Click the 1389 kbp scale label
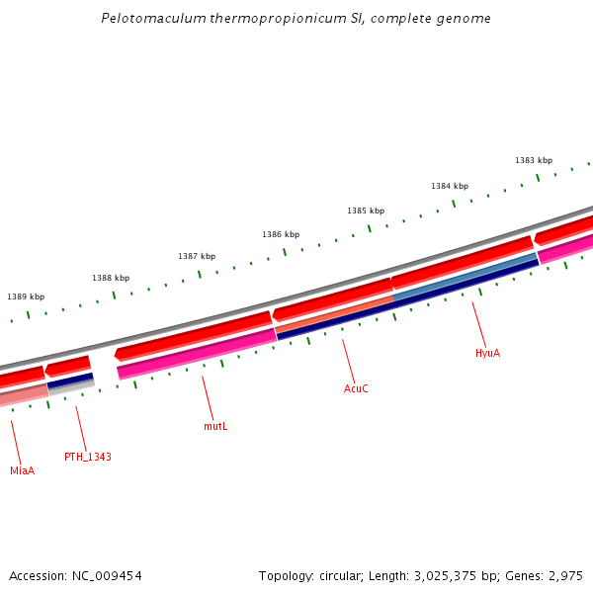[26, 296]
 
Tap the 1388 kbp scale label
[111, 279]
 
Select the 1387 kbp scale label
[197, 256]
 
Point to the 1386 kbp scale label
[281, 234]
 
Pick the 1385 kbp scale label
[366, 211]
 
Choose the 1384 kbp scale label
[450, 186]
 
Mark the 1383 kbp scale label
[534, 160]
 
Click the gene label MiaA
[23, 470]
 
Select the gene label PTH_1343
[88, 457]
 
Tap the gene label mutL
[215, 426]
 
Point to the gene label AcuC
[356, 388]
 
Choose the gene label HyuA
[487, 353]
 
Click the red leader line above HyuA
[479, 323]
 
